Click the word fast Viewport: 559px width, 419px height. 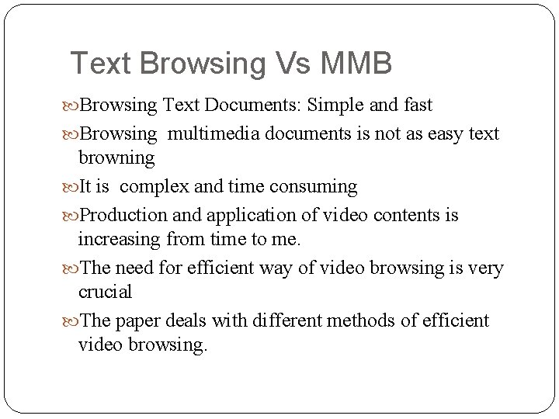[414, 105]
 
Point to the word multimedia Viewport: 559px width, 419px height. [214, 134]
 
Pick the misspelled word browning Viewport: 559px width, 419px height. [116, 158]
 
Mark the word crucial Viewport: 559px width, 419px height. [106, 292]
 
